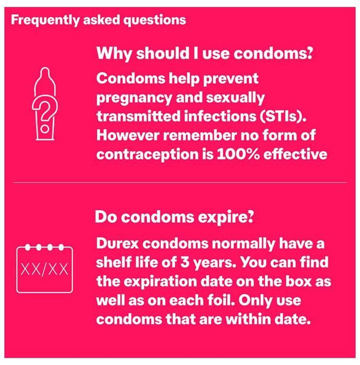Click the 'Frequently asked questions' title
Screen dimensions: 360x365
99,20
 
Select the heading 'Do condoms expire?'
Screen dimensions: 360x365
174,217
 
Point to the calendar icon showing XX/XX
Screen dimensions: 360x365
44,269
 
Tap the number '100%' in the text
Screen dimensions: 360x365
238,154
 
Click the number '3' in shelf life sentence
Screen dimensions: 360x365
185,263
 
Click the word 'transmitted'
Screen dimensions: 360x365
138,116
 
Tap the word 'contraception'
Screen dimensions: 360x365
148,155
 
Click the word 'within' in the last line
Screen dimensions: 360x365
248,319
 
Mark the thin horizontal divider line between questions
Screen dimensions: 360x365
180,182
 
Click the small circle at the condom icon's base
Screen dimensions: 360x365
45,128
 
